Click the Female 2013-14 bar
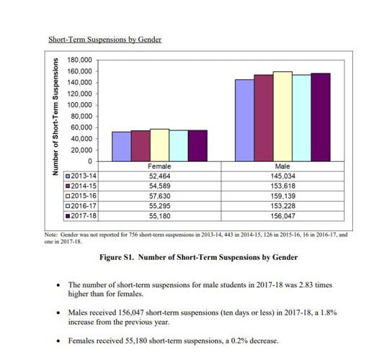tap(121, 146)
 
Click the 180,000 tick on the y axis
tap(79, 60)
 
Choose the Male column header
tap(282, 166)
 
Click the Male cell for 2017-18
tap(282, 215)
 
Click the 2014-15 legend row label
tap(84, 185)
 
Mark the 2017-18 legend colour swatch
tap(68, 215)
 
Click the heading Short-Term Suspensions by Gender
tap(104, 39)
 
